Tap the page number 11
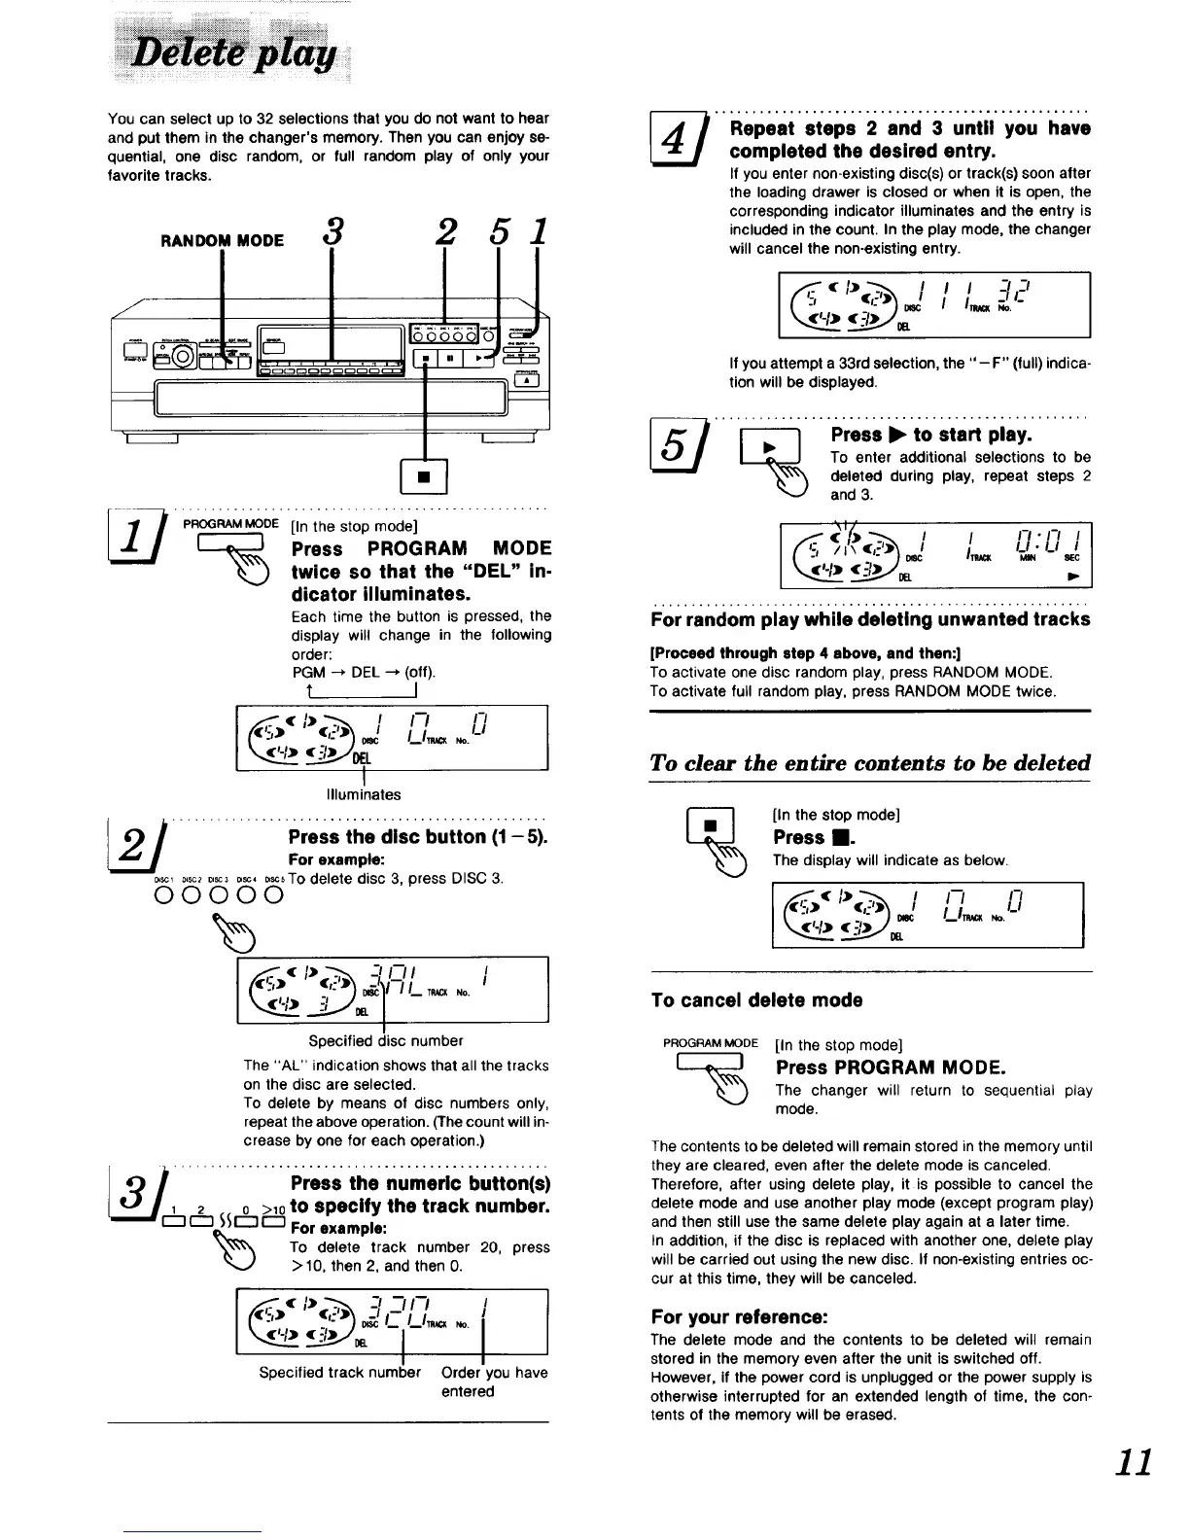tap(1134, 1462)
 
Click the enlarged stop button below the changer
tap(426, 476)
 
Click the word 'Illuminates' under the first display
tap(364, 794)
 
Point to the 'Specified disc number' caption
tap(386, 1040)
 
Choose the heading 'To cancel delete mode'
tap(756, 999)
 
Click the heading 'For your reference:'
tap(739, 1317)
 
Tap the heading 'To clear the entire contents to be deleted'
tap(870, 762)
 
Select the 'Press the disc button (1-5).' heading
tap(419, 837)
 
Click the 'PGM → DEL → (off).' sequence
tap(364, 672)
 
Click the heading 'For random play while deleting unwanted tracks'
tap(870, 619)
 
